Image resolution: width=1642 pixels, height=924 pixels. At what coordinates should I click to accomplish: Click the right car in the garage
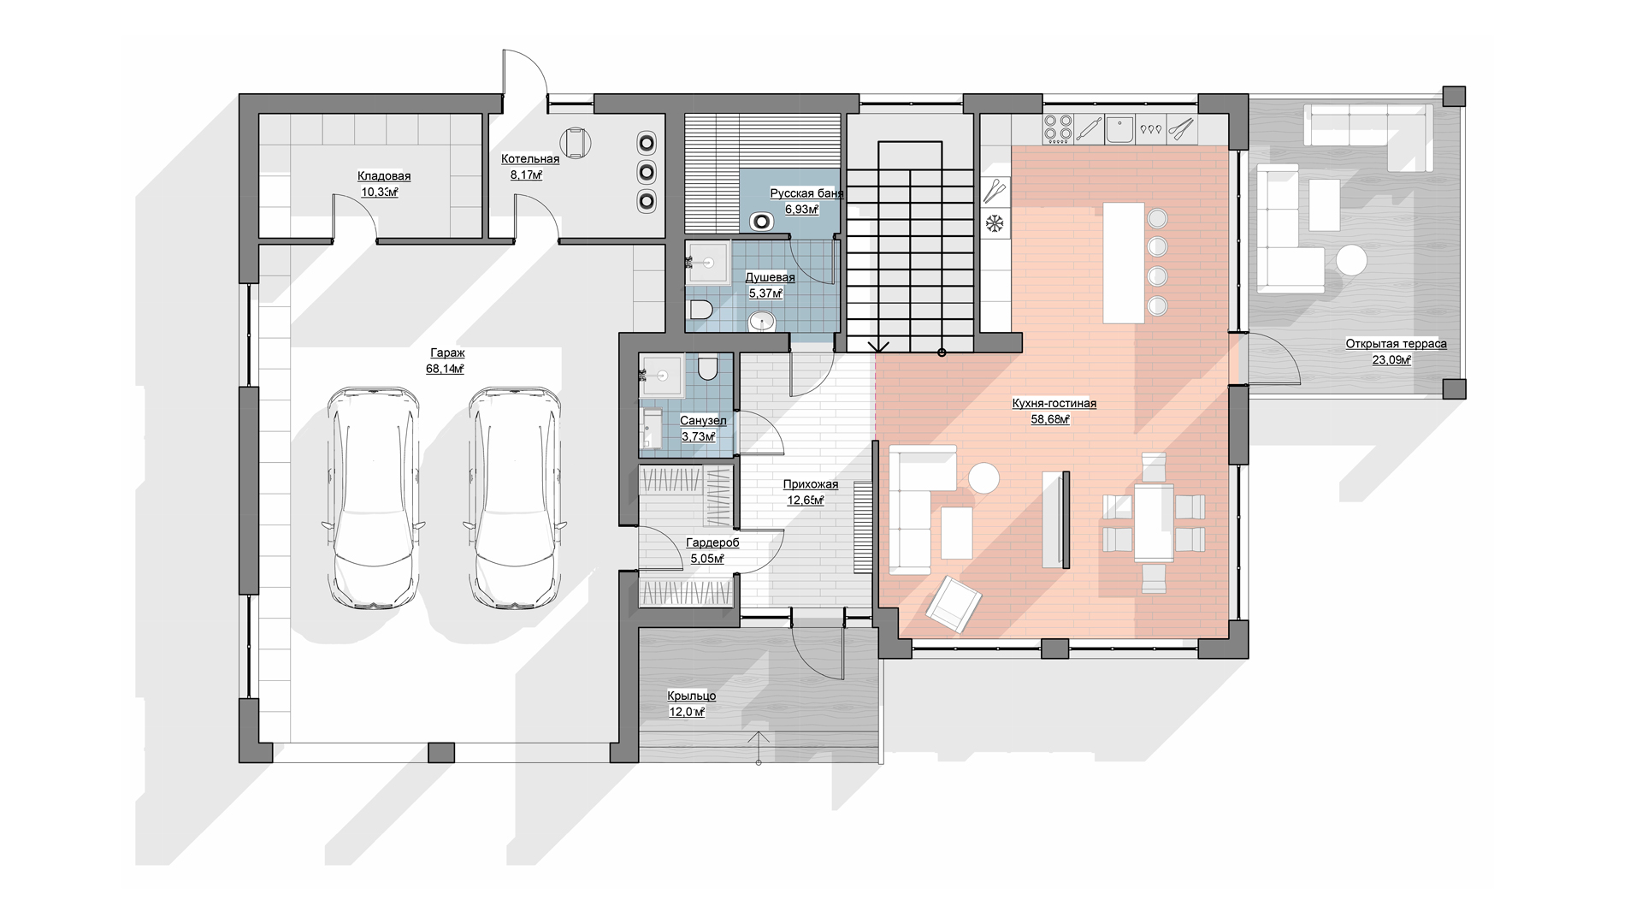[515, 498]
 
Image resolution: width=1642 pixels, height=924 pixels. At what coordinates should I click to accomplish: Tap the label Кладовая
[384, 176]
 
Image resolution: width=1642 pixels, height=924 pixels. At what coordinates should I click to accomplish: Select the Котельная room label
[530, 159]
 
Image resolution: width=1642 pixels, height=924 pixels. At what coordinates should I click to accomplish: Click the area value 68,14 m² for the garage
[445, 370]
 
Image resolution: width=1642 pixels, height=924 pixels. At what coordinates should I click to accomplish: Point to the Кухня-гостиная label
[1054, 403]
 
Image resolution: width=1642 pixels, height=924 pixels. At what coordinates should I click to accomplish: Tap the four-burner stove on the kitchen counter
[1059, 128]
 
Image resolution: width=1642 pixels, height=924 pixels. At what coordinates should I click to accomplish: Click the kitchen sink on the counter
[1119, 129]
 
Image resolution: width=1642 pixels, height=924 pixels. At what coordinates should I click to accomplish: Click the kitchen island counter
[1124, 262]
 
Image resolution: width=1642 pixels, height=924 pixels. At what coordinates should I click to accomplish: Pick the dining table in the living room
[1154, 523]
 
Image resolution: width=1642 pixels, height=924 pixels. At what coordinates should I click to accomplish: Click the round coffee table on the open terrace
[1352, 260]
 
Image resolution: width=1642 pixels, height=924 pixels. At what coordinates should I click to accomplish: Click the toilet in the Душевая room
[699, 310]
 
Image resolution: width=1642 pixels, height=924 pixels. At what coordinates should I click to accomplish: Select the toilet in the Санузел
[707, 369]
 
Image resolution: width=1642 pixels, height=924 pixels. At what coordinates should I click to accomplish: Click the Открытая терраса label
[1396, 344]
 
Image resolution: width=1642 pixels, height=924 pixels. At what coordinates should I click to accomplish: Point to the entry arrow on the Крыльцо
[758, 747]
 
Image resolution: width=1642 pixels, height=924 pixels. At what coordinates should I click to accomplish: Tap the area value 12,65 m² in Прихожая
[806, 500]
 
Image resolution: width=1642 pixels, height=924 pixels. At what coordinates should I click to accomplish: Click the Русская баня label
[806, 193]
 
